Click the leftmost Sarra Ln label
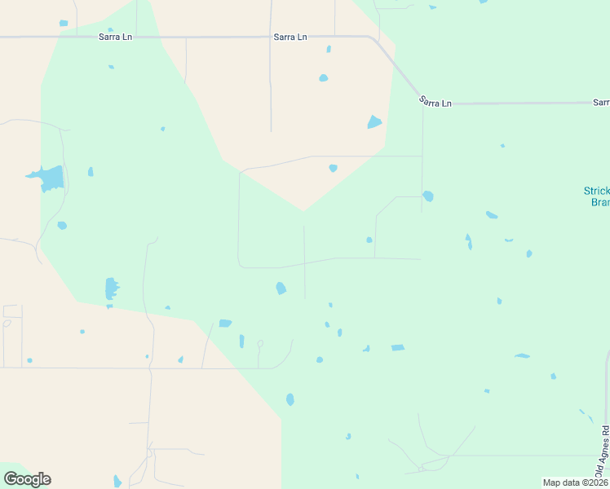[115, 37]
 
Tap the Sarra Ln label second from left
[290, 37]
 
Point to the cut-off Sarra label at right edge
[601, 103]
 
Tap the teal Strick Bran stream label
[596, 196]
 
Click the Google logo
[27, 479]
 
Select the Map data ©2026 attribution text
[575, 482]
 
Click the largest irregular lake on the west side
[51, 178]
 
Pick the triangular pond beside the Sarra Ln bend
[374, 122]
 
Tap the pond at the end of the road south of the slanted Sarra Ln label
[428, 196]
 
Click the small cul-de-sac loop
[260, 343]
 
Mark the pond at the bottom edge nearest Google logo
[117, 482]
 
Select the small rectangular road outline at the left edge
[12, 311]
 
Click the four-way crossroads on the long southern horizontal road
[150, 368]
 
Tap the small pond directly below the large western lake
[62, 225]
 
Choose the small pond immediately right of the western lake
[91, 172]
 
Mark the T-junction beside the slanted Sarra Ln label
[422, 104]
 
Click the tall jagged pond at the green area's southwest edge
[111, 289]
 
